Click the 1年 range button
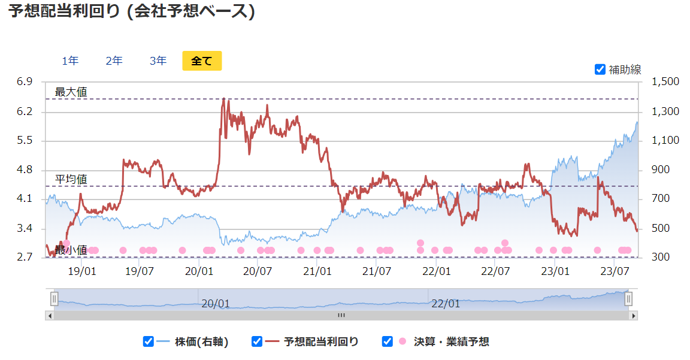(x=70, y=60)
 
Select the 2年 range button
(x=114, y=60)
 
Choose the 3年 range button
(x=158, y=60)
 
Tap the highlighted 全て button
(x=202, y=60)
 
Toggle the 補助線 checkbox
(x=600, y=69)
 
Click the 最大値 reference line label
(x=71, y=92)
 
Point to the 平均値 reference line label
(x=71, y=179)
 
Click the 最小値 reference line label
(x=71, y=250)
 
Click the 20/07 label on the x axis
(x=258, y=271)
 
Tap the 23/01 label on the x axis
(x=555, y=271)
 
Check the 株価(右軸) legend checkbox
(x=149, y=341)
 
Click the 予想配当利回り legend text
(x=321, y=342)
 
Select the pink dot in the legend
(x=402, y=341)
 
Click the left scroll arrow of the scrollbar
(x=50, y=315)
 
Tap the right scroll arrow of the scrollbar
(x=634, y=315)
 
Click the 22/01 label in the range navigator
(x=446, y=304)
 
